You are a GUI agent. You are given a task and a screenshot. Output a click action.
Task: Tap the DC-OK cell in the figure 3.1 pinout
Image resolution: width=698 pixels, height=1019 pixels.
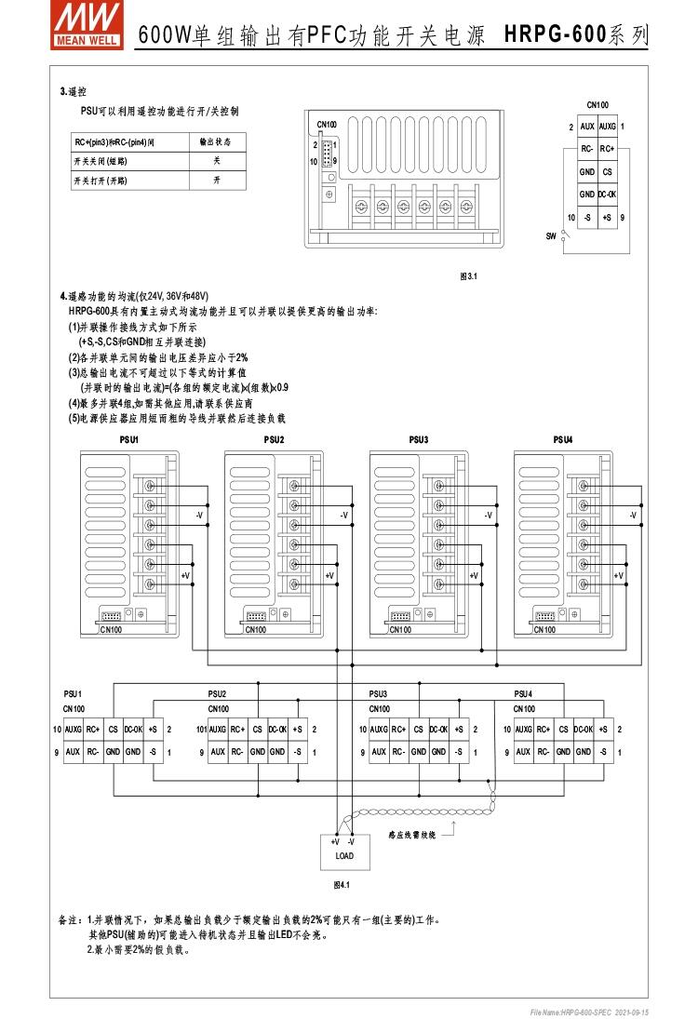607,194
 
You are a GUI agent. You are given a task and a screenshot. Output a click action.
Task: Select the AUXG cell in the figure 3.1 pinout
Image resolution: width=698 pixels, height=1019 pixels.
607,127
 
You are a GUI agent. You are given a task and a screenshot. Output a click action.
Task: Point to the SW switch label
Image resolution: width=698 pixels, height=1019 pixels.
551,235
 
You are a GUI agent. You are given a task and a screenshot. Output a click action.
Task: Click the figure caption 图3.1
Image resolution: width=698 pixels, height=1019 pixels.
468,276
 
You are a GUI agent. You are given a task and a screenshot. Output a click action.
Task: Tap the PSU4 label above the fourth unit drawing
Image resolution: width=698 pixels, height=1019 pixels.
563,439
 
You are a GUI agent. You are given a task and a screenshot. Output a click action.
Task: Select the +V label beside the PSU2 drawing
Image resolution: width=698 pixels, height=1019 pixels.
329,577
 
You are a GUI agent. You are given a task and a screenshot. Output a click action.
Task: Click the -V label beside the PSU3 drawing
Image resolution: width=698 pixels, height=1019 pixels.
489,515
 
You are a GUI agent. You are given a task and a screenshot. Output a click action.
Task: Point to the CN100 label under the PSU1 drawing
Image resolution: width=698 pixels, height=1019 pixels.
112,630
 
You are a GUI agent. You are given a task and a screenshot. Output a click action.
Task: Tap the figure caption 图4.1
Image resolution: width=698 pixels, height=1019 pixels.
341,885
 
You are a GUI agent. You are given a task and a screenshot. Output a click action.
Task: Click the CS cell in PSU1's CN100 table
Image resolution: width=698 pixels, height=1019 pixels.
114,731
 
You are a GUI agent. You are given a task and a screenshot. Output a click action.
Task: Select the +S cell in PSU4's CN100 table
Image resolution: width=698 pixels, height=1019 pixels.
603,731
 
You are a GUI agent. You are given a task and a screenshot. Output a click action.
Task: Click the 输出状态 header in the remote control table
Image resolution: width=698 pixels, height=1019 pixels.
216,142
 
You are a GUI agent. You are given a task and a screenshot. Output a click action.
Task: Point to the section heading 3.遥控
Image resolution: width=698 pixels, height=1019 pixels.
74,91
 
